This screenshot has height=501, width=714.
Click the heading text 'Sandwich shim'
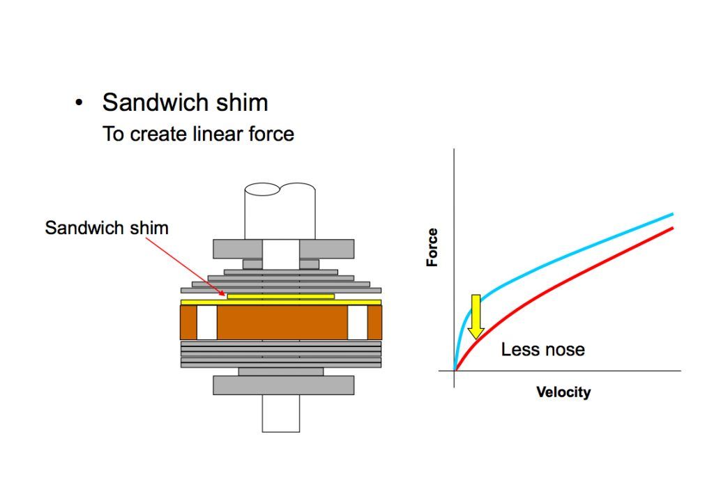[185, 102]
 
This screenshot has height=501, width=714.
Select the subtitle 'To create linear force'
[198, 133]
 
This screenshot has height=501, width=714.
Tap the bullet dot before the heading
[79, 103]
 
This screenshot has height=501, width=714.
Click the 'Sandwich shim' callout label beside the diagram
[107, 227]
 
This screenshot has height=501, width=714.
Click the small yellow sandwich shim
[280, 296]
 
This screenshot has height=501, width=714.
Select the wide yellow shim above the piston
[280, 302]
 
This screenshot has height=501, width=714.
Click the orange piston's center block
[282, 323]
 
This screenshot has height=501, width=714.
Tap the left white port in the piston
[207, 323]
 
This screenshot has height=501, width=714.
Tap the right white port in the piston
[357, 323]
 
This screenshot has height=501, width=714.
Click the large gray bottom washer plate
[283, 385]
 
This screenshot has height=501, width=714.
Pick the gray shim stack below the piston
[280, 354]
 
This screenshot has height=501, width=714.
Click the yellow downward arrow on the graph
[476, 316]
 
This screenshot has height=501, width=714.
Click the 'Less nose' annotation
[542, 349]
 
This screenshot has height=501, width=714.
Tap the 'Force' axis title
[432, 247]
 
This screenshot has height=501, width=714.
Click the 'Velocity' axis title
[563, 392]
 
